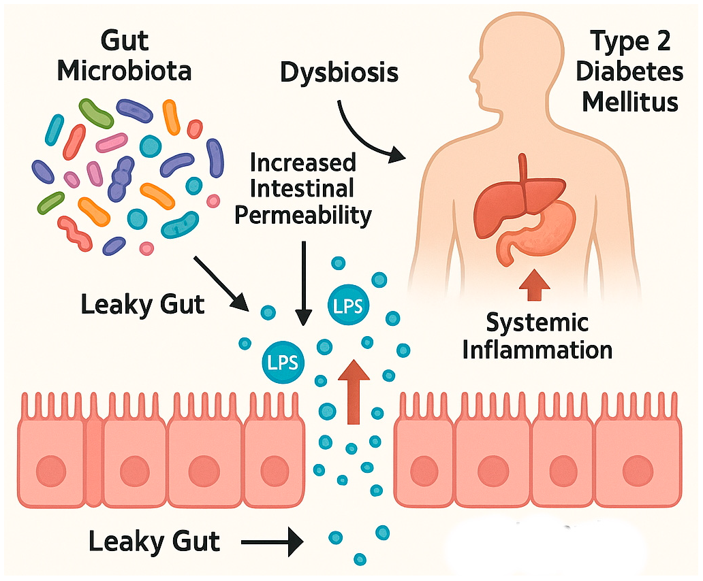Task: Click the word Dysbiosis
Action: [x=339, y=72]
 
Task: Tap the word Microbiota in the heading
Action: [x=125, y=70]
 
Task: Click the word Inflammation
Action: [x=537, y=350]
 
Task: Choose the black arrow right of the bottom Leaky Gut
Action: [x=272, y=542]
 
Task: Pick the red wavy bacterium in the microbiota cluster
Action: [x=75, y=231]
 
